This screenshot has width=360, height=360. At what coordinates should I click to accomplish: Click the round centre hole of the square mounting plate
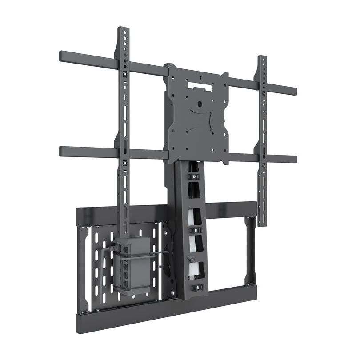200,104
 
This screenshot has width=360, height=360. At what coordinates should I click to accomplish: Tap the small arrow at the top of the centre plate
201,77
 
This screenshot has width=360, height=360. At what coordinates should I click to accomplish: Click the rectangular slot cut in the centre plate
199,84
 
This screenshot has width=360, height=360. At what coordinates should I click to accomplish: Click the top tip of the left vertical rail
123,29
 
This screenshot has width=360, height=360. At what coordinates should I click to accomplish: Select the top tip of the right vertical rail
262,57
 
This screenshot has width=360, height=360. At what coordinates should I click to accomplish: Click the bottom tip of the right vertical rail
262,224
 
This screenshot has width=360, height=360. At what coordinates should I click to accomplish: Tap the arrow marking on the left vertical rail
125,96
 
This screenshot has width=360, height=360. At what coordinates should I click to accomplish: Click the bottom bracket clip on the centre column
196,288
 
